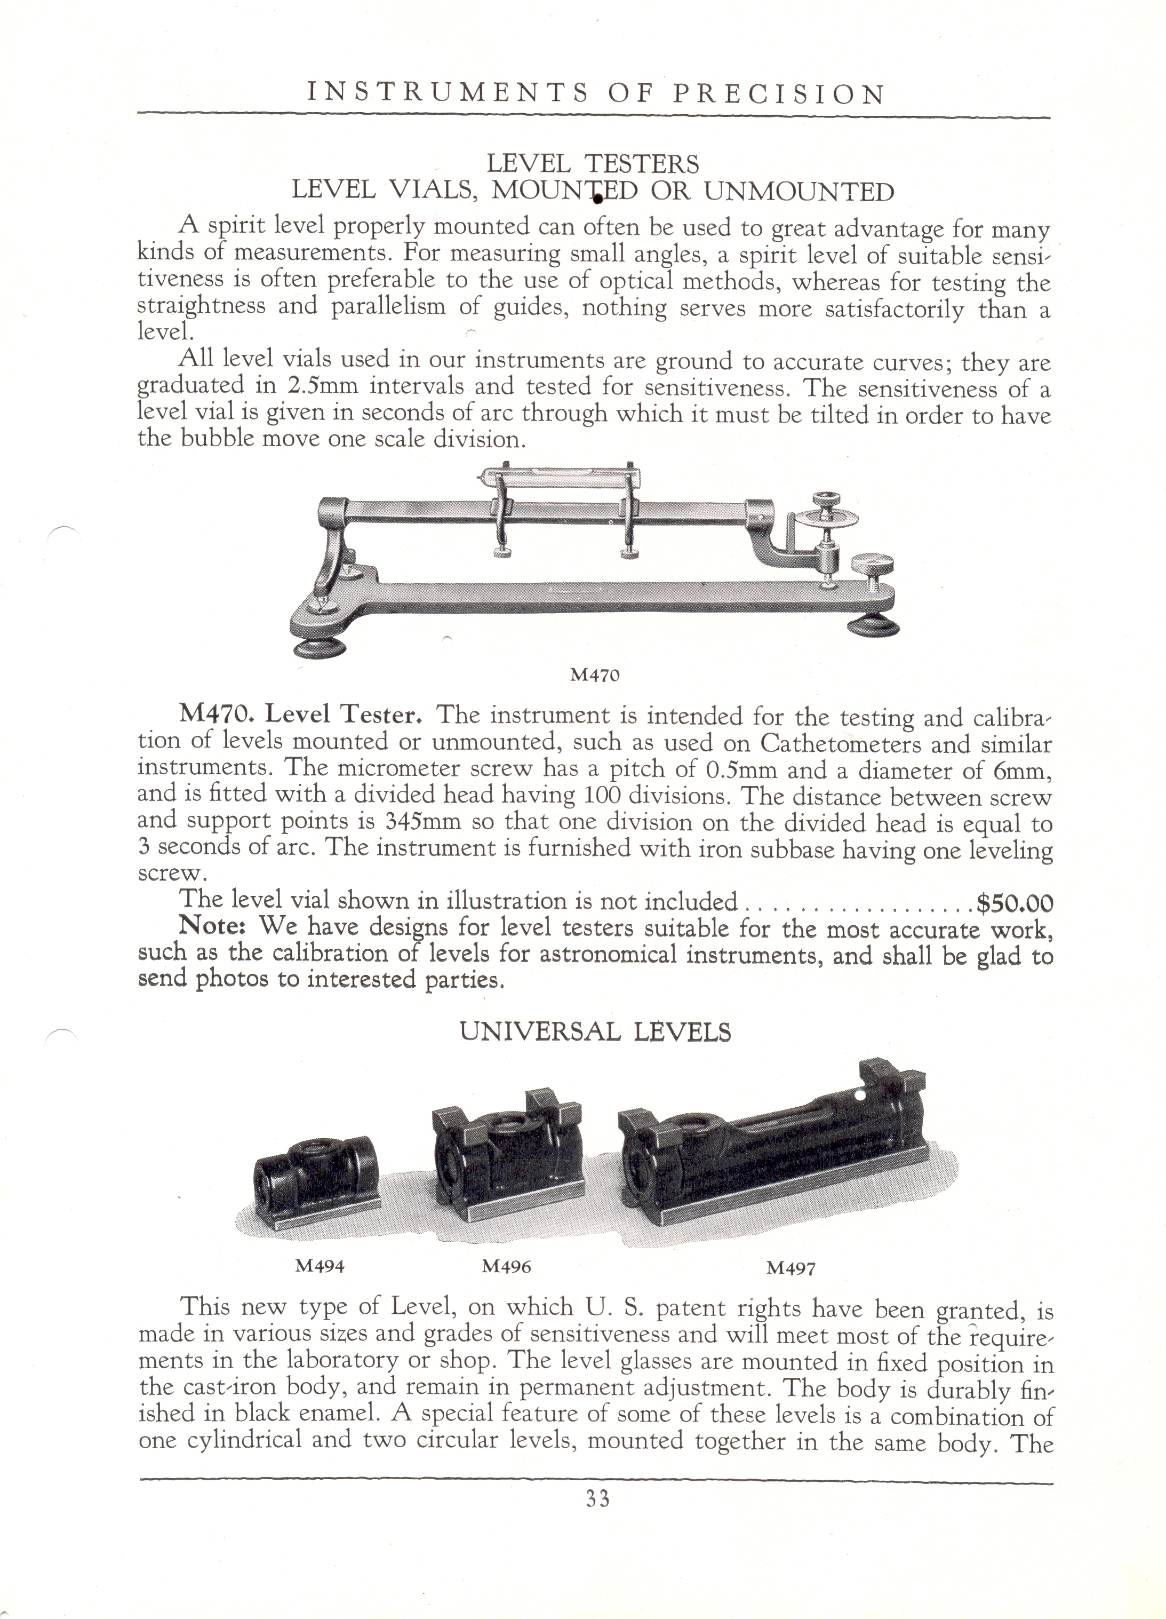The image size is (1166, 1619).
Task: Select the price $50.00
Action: (1014, 904)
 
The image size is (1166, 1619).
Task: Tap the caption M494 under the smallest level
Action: (320, 1266)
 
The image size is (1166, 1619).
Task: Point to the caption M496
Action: (507, 1266)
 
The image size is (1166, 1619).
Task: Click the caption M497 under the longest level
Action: (790, 1268)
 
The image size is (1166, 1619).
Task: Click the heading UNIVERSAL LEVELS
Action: (596, 1032)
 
